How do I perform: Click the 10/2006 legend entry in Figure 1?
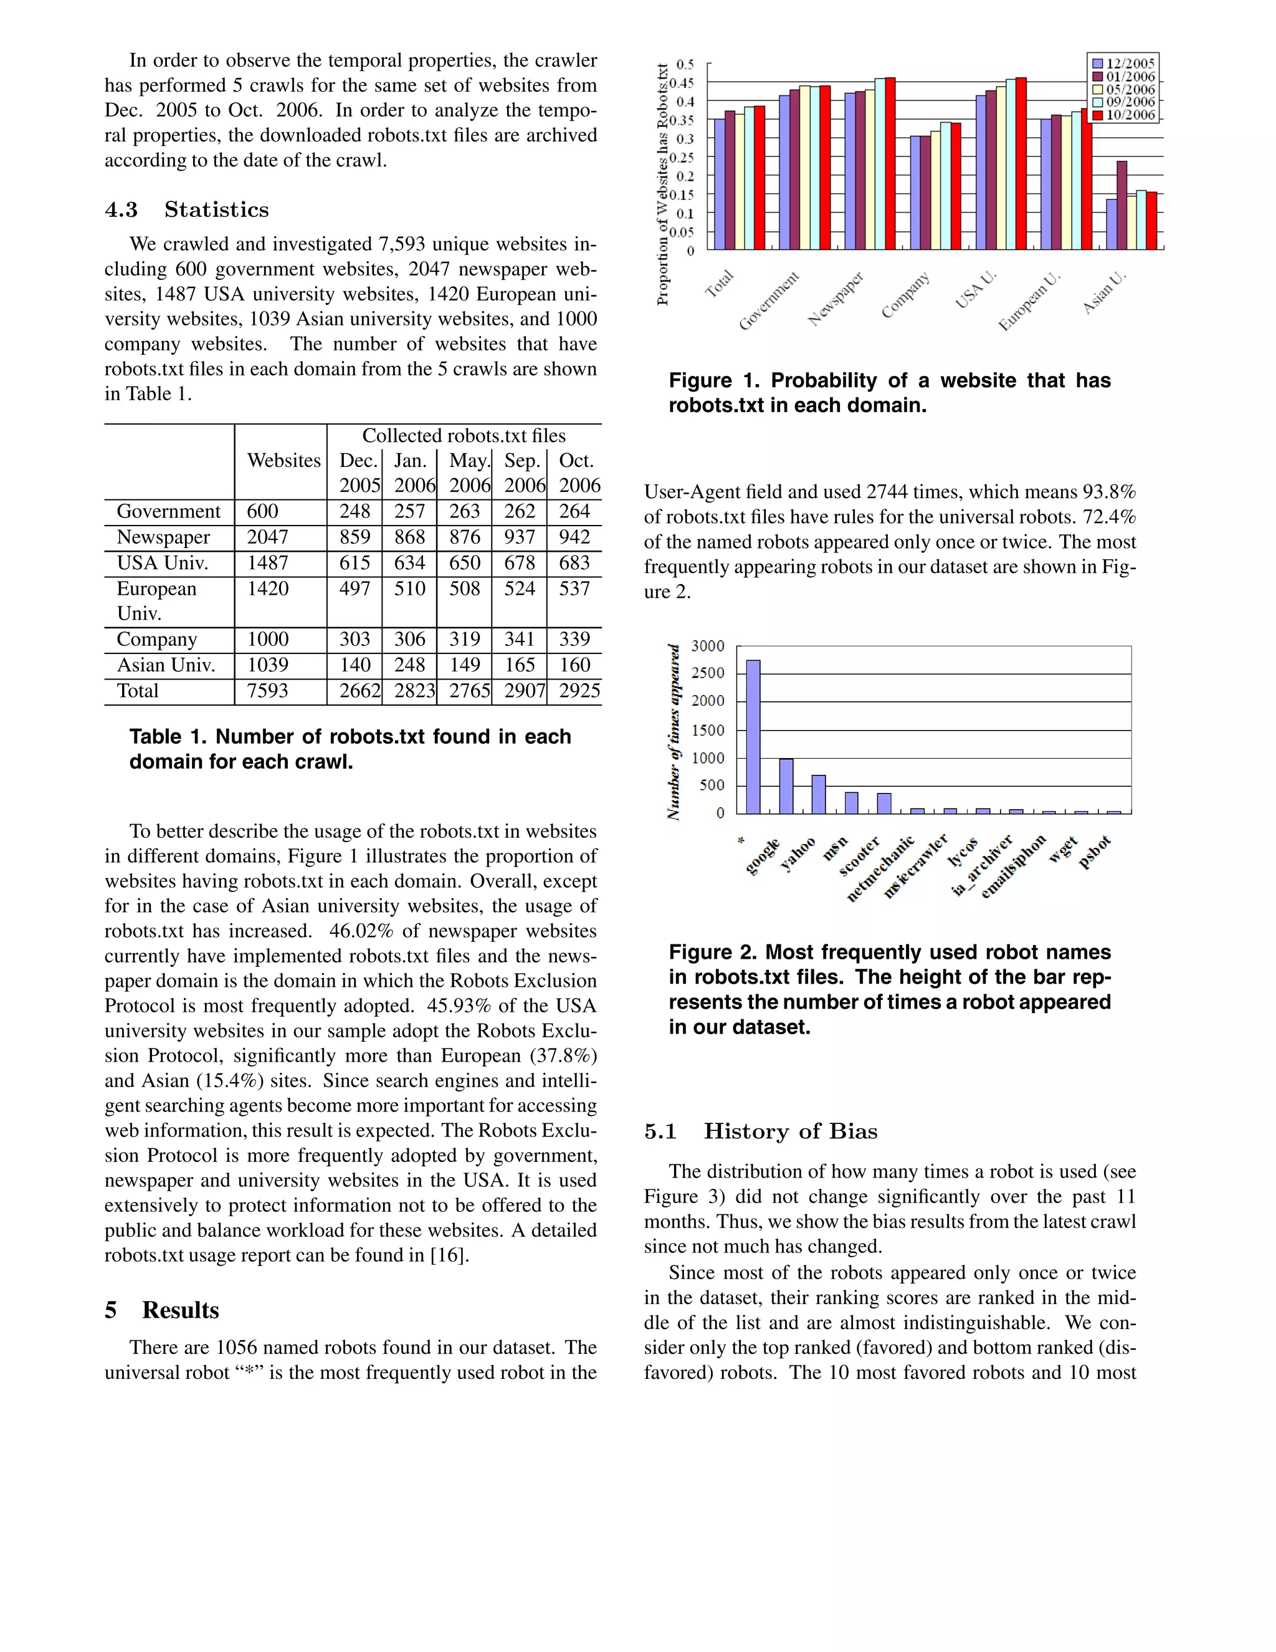pyautogui.click(x=1124, y=115)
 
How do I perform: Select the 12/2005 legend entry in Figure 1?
pyautogui.click(x=1124, y=64)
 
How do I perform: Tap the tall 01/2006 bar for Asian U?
pyautogui.click(x=1121, y=205)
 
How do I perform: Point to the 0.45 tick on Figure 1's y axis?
pyautogui.click(x=684, y=82)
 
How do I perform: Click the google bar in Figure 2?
pyautogui.click(x=786, y=786)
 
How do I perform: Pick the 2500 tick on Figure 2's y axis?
pyautogui.click(x=708, y=673)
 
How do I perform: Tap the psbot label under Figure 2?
pyautogui.click(x=1095, y=852)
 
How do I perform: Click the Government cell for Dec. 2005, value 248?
pyautogui.click(x=355, y=512)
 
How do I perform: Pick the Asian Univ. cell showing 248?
pyautogui.click(x=410, y=666)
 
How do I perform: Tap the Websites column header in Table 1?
pyautogui.click(x=283, y=461)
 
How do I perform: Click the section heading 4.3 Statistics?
pyautogui.click(x=187, y=209)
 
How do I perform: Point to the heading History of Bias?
pyautogui.click(x=790, y=1131)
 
